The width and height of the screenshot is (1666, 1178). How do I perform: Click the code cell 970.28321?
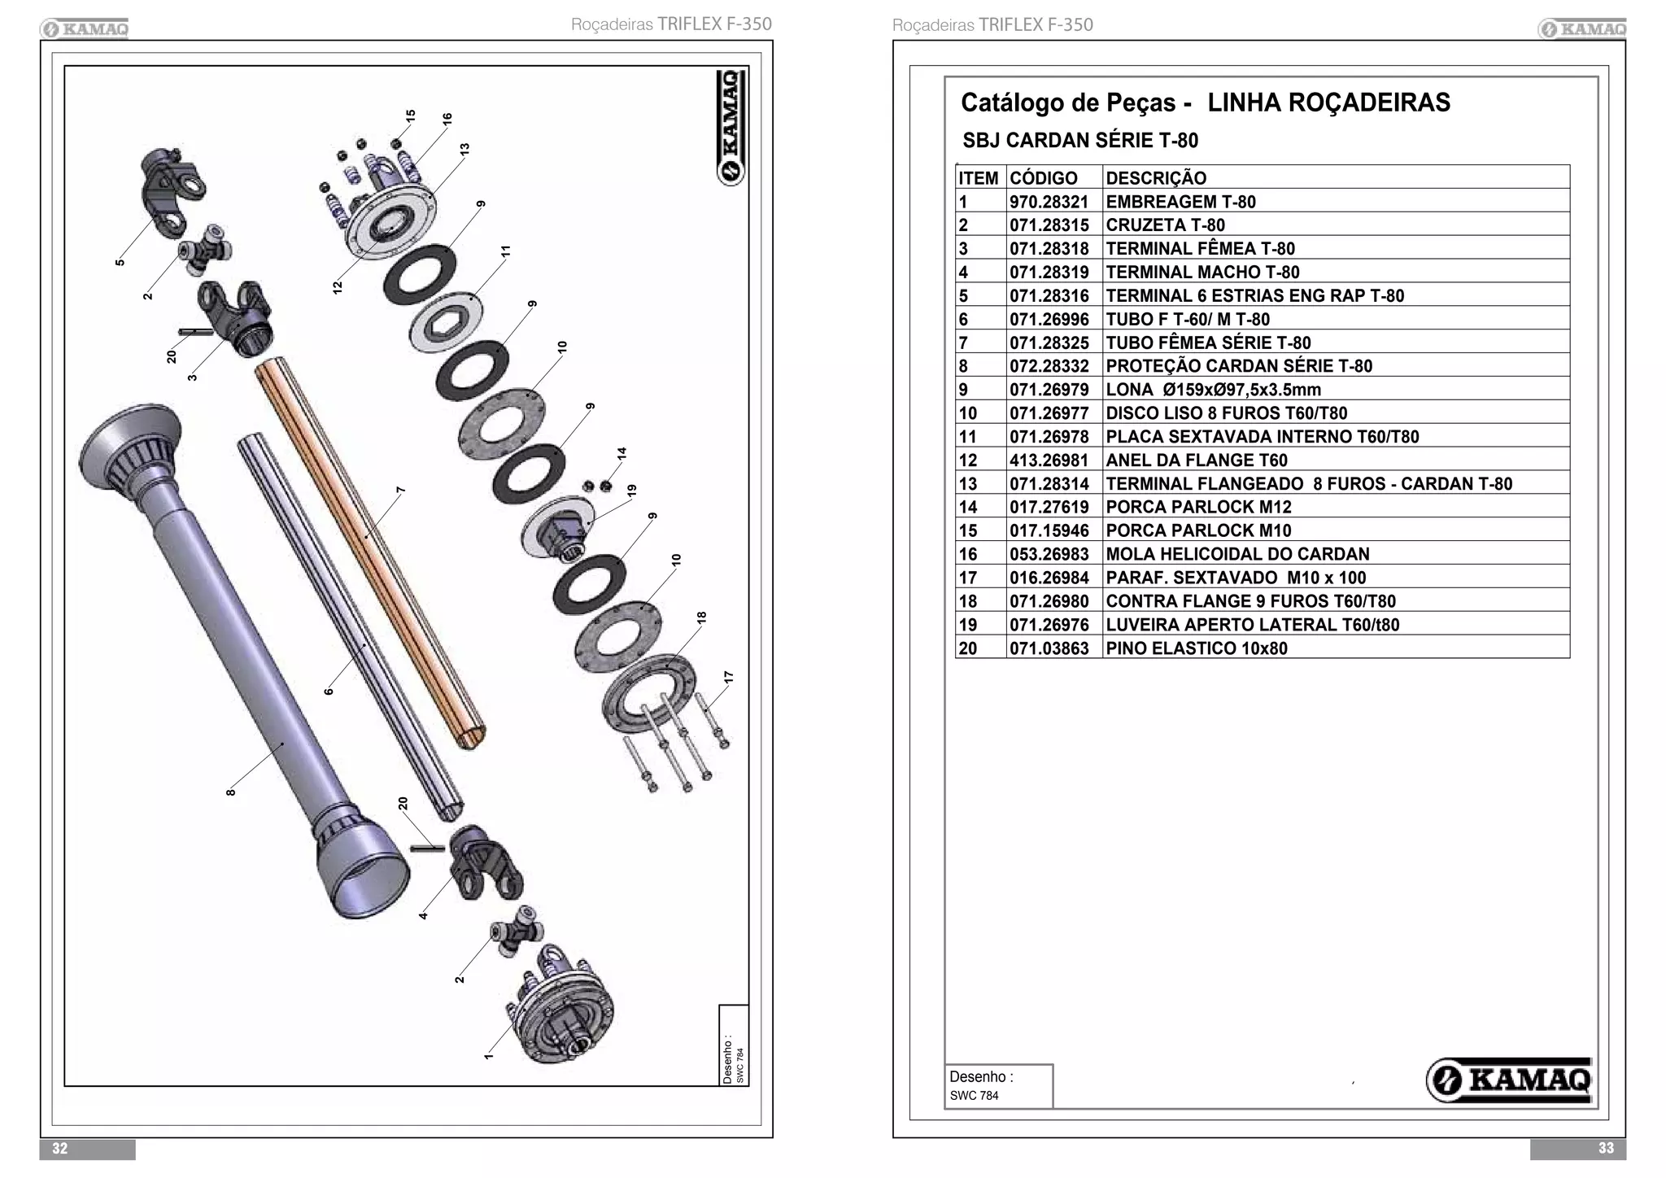1049,202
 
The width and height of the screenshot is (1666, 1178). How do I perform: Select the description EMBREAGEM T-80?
1180,202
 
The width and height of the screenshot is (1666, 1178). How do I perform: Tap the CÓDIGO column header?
1043,178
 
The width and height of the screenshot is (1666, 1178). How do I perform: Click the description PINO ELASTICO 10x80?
1196,648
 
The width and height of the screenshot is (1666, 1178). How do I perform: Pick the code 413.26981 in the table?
1049,460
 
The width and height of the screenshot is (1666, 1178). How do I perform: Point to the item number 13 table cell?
968,484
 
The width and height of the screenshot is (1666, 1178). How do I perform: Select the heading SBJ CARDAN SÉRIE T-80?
1079,141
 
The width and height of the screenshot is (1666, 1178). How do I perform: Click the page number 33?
1605,1148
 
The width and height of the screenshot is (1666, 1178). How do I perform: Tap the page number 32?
60,1148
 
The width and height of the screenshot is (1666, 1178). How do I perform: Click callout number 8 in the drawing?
231,792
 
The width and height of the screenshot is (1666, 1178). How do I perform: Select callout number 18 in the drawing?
701,617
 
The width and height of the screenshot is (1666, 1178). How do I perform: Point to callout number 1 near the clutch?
487,1055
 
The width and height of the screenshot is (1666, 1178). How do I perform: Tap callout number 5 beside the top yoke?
120,262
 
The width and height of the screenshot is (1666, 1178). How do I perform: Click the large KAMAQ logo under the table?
1509,1080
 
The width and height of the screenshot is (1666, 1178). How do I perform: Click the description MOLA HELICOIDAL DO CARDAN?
1236,554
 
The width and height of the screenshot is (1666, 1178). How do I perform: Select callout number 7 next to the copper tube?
400,491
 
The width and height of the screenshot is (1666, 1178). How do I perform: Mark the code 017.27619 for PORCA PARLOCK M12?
1049,508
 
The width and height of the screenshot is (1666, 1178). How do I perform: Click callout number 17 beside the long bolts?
728,677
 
